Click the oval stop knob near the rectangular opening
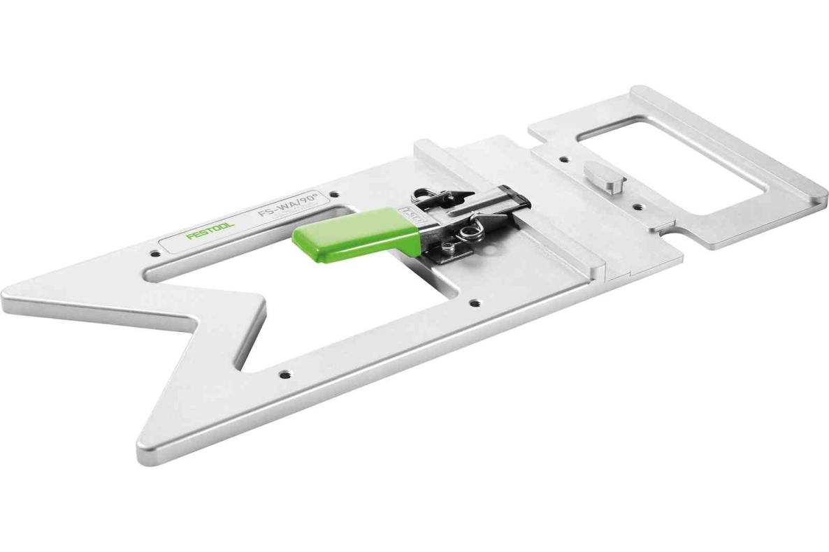coord(600,175)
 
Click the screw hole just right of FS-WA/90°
coord(335,194)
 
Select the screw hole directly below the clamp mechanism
coord(475,303)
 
